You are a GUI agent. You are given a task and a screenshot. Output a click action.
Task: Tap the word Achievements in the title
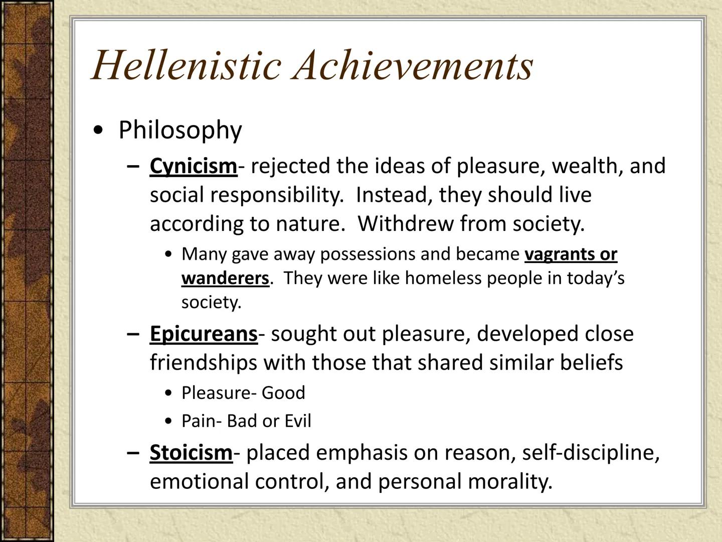coord(414,65)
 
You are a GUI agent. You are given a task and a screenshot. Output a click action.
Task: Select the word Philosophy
coord(180,130)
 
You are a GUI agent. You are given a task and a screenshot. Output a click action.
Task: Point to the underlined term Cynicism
coord(193,166)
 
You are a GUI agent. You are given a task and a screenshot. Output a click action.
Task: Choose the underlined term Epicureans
coord(204,334)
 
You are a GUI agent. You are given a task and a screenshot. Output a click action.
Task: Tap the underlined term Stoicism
coord(191,453)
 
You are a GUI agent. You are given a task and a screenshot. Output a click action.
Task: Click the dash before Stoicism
coord(133,453)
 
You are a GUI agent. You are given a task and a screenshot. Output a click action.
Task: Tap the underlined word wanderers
coord(225,278)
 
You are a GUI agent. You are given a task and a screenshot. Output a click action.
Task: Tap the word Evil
coord(298,421)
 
